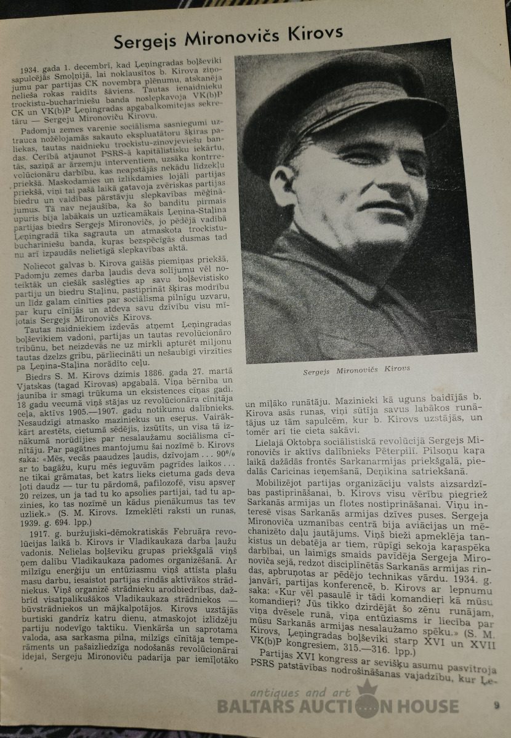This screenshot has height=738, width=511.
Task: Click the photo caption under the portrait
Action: (356, 370)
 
